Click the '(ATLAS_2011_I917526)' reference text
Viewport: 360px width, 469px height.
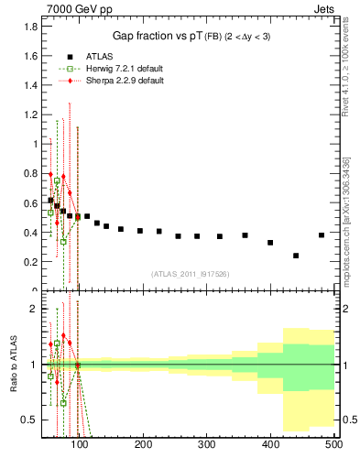pyautogui.click(x=191, y=273)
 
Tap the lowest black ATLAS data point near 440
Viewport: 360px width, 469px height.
pyautogui.click(x=296, y=256)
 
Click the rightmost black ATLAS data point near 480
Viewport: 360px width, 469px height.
pyautogui.click(x=321, y=235)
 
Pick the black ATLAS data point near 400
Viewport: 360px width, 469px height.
pyautogui.click(x=270, y=243)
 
